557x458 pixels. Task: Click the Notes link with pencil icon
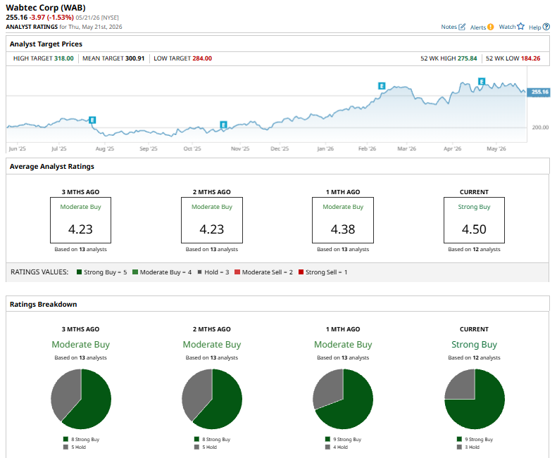[453, 27]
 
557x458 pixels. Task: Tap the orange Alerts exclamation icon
[490, 27]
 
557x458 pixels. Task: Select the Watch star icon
[521, 26]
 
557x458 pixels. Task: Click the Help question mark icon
[546, 27]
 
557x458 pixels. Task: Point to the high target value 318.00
[64, 58]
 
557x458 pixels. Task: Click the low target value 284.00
[202, 58]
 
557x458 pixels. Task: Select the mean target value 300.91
[134, 58]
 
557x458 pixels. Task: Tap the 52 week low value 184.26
[530, 58]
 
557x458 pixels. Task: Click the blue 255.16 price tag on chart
[539, 92]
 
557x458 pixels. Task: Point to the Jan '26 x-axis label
[325, 148]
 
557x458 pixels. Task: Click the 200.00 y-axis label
[540, 127]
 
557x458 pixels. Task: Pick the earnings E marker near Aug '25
[92, 120]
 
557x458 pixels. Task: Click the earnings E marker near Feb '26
[382, 86]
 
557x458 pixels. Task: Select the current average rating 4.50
[474, 229]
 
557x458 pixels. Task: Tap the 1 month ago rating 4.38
[343, 229]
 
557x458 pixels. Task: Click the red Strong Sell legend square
[301, 272]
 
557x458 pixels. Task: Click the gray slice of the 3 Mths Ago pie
[65, 393]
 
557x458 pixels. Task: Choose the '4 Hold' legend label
[340, 447]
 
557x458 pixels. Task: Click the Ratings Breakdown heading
[44, 304]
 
